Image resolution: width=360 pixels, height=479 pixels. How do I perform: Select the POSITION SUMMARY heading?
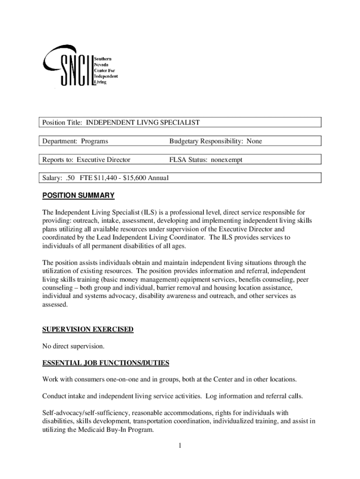[x=78, y=196]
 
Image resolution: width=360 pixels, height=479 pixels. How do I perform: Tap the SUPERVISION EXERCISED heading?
[x=88, y=330]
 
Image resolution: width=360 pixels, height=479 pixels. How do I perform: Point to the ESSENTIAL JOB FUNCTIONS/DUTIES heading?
[x=106, y=363]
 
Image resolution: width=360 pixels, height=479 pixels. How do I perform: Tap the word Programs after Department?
[x=94, y=141]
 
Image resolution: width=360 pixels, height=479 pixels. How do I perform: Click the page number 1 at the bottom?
[x=180, y=445]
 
